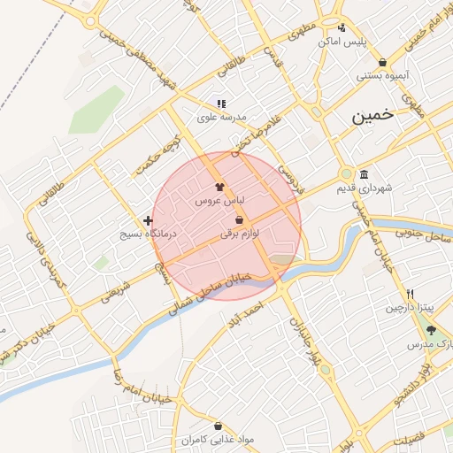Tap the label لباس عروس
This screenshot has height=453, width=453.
(x=219, y=202)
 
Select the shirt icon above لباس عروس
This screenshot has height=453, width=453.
(x=219, y=187)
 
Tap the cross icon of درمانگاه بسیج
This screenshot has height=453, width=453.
(x=148, y=219)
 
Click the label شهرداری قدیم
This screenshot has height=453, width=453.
(x=364, y=188)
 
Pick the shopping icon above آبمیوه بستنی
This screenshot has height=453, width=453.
(x=382, y=62)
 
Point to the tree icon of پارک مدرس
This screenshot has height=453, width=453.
(x=431, y=330)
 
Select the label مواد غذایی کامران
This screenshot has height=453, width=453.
(x=217, y=439)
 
